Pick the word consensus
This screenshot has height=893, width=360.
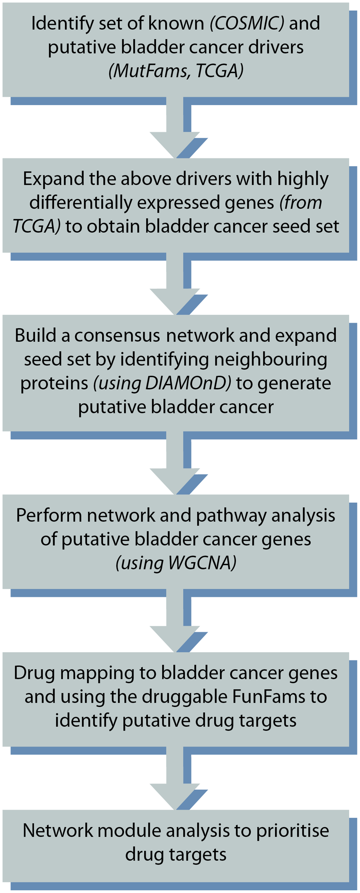tap(117, 336)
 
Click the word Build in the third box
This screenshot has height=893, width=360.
tap(35, 336)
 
